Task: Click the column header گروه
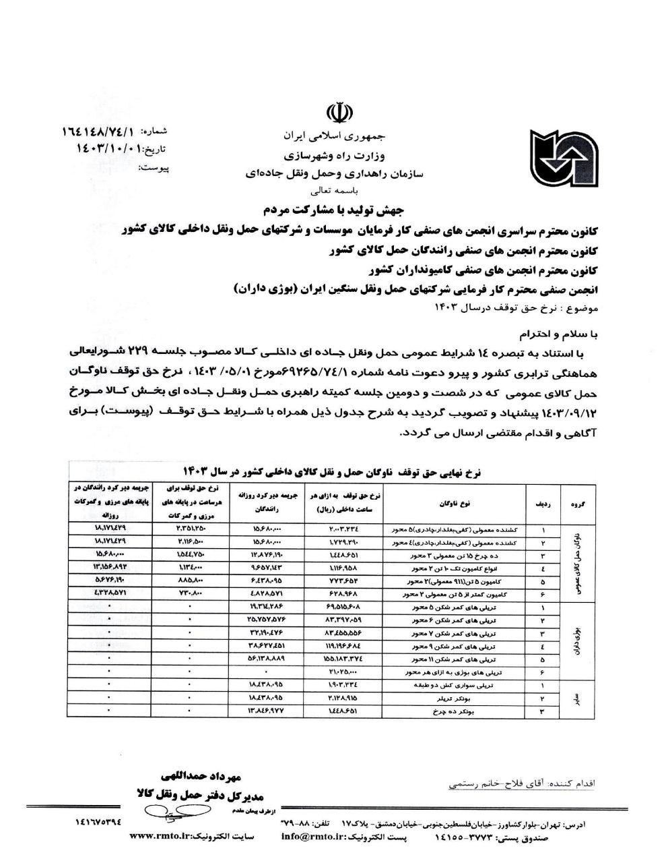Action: (x=577, y=504)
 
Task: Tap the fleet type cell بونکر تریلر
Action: (x=455, y=698)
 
